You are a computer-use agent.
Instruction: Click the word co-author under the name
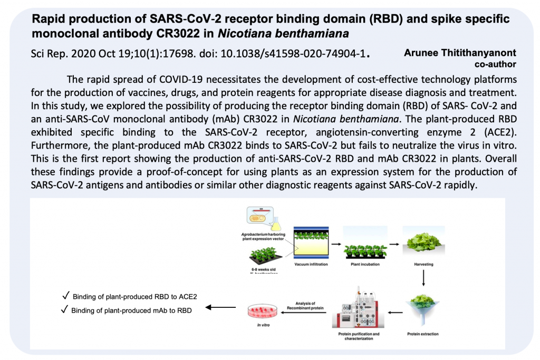coord(495,64)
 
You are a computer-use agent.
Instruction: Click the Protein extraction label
coord(422,334)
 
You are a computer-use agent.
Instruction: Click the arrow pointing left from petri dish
coord(220,307)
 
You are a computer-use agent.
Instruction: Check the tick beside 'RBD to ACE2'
coord(65,296)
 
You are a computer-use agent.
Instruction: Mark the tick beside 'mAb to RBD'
coord(64,310)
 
